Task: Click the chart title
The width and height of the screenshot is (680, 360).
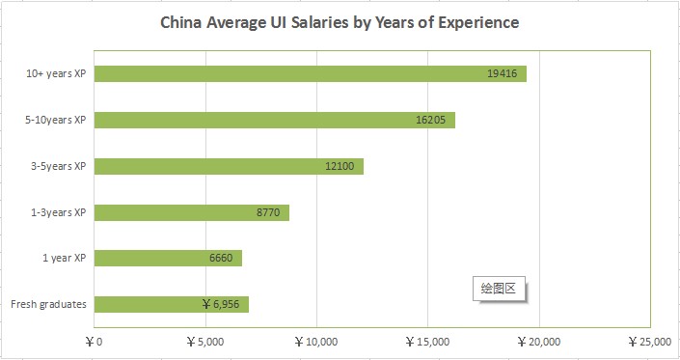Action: (x=340, y=21)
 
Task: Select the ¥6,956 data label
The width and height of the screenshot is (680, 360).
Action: (x=221, y=304)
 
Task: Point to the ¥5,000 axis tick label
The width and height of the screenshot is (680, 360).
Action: (x=204, y=341)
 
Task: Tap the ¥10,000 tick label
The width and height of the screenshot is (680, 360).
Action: (x=317, y=341)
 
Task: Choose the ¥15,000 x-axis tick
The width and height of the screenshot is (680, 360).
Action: (x=429, y=341)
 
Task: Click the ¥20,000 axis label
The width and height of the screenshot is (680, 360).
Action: (x=541, y=341)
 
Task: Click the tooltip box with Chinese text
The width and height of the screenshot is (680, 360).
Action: (x=500, y=288)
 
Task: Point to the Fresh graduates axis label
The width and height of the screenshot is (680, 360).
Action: (x=49, y=304)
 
